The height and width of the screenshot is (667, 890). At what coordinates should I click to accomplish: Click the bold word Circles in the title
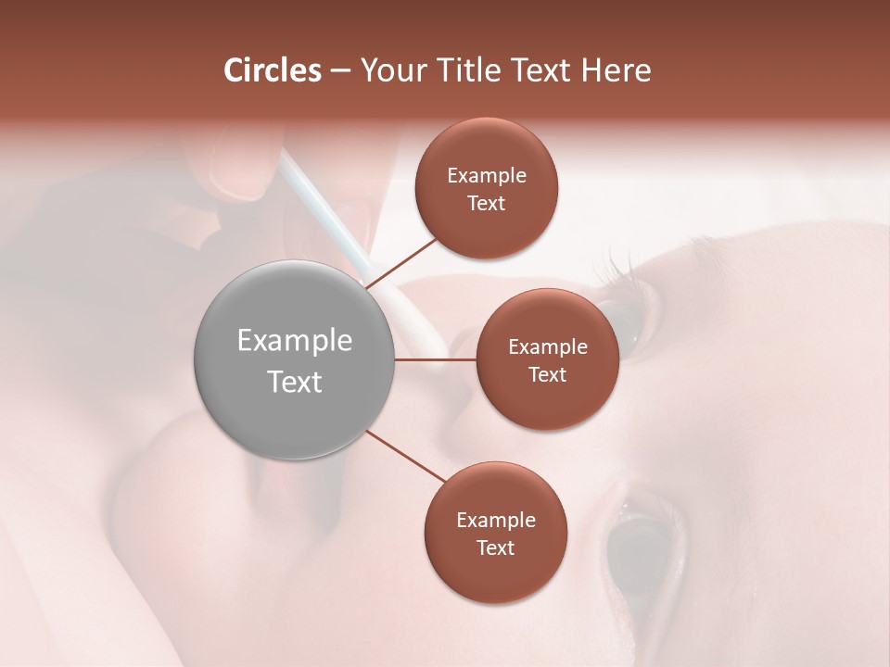272,70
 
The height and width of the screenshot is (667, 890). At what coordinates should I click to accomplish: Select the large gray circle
294,359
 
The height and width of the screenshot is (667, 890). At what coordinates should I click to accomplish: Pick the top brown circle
486,188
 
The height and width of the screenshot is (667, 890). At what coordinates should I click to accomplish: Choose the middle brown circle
547,359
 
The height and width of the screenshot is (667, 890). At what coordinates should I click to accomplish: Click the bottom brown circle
495,533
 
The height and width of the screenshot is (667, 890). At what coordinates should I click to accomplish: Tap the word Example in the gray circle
295,341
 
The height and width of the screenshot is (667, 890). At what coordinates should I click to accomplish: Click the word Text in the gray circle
295,382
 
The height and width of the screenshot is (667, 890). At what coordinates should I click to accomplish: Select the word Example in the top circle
487,175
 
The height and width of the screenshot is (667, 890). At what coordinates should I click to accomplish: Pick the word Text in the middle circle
547,374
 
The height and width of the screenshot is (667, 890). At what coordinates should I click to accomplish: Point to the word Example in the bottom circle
496,520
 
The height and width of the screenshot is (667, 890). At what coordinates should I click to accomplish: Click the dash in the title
340,71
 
